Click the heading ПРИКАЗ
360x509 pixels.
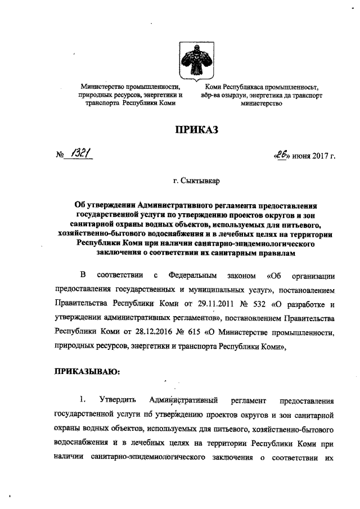coord(195,130)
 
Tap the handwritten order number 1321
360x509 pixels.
coord(79,154)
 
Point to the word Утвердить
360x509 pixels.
coord(118,400)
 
